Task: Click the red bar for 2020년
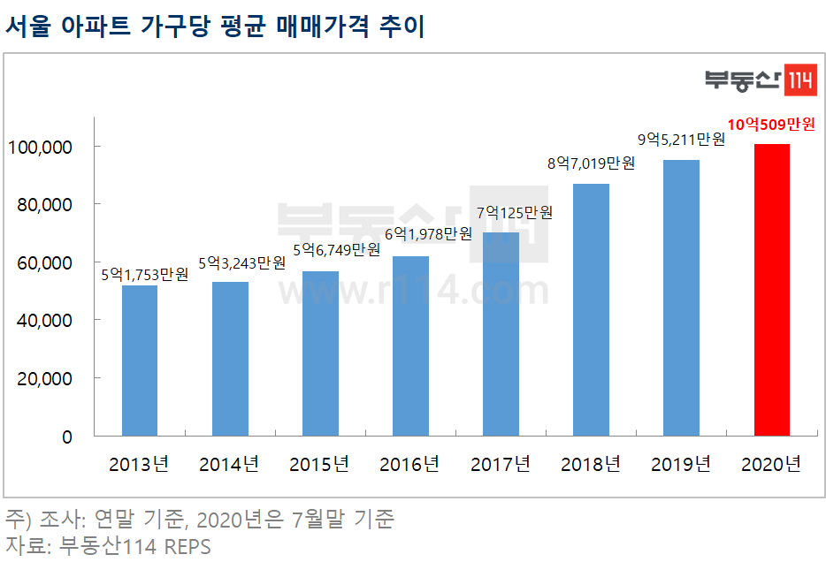(x=772, y=290)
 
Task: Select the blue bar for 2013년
(x=140, y=361)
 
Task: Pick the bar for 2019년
(x=681, y=298)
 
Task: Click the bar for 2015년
(x=320, y=353)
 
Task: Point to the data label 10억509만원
(x=770, y=125)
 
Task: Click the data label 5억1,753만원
(x=144, y=275)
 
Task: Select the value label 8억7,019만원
(x=591, y=163)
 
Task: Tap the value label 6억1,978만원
(x=428, y=234)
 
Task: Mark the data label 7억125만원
(x=514, y=213)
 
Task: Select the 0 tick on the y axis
(x=65, y=437)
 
